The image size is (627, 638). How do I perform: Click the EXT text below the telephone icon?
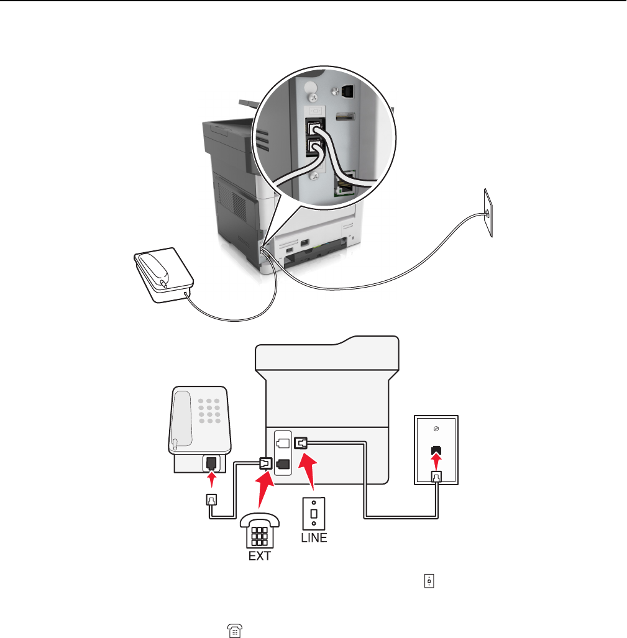click(260, 556)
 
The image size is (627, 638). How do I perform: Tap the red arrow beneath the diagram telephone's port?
click(213, 480)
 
